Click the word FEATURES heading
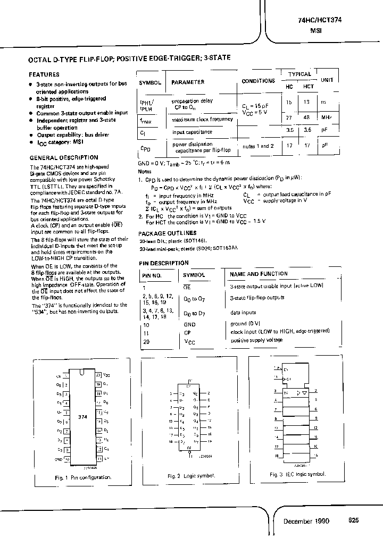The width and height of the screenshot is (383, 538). pyautogui.click(x=44, y=75)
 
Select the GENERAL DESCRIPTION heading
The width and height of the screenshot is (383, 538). pyautogui.click(x=63, y=157)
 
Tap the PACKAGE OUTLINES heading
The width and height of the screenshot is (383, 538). pyautogui.click(x=168, y=233)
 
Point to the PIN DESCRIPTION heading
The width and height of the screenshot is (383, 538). pyautogui.click(x=164, y=263)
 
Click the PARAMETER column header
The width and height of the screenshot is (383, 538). pyautogui.click(x=188, y=82)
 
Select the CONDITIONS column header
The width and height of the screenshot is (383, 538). pyautogui.click(x=258, y=81)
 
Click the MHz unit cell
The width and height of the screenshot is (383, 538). pyautogui.click(x=326, y=117)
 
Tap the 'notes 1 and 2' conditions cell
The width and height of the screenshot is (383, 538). pyautogui.click(x=258, y=146)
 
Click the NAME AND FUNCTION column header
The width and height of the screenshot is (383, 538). pyautogui.click(x=259, y=274)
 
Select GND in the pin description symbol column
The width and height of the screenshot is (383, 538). pyautogui.click(x=189, y=324)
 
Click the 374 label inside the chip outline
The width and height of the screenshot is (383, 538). pyautogui.click(x=82, y=417)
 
